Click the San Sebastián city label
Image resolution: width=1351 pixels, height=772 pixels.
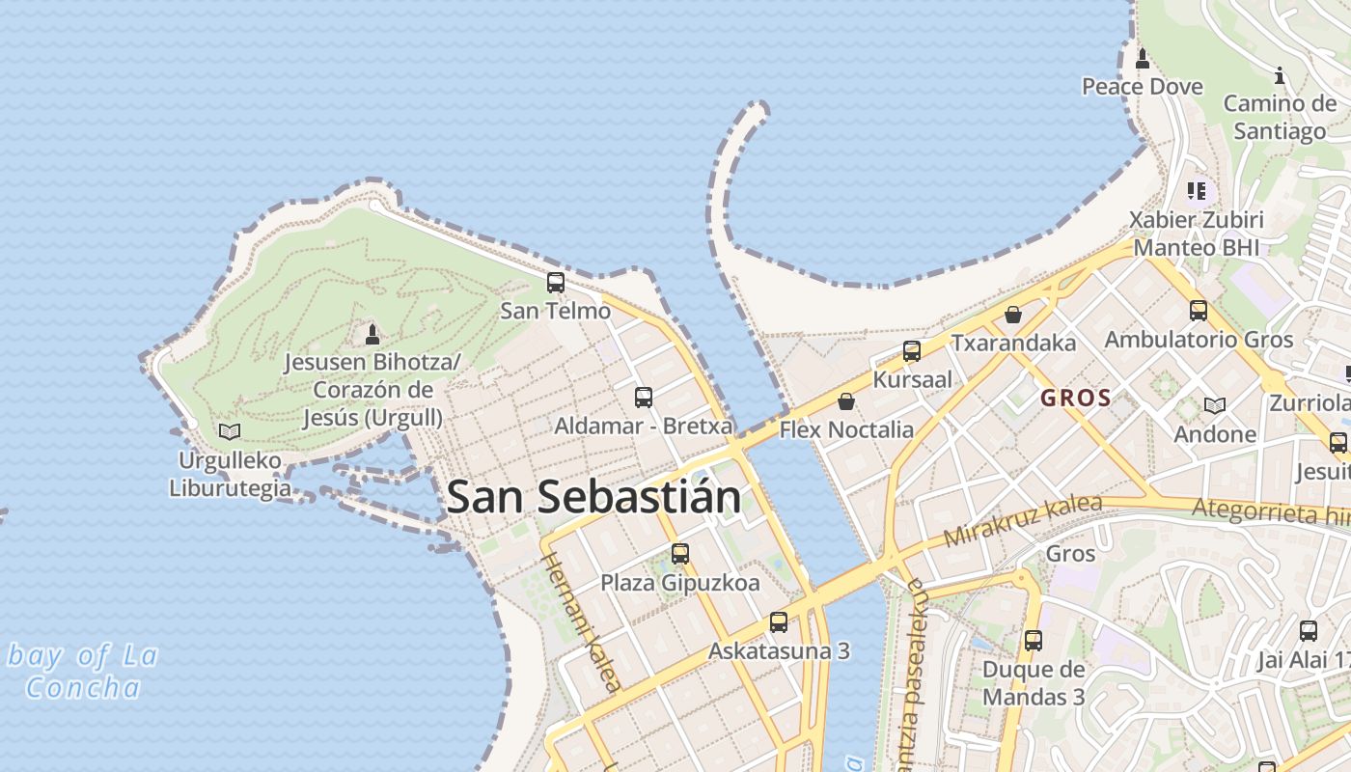[593, 497]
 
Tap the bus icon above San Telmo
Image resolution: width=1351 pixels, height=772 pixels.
[556, 283]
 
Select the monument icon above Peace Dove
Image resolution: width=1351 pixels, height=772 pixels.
[1143, 59]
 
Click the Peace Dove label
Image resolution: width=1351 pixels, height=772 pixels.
[1142, 87]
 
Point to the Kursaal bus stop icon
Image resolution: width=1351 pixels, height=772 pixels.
[912, 351]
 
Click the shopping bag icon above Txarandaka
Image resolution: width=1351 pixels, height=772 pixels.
[1013, 315]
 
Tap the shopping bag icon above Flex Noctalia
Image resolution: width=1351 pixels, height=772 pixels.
[846, 401]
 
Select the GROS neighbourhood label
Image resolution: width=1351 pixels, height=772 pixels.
[1076, 398]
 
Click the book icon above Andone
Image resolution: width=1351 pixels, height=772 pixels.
[1215, 406]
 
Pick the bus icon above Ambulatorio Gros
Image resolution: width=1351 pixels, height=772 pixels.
[1199, 311]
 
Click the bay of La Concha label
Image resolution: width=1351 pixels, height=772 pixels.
[82, 672]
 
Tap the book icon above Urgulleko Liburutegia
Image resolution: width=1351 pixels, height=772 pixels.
[230, 431]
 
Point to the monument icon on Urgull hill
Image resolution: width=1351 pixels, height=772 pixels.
[372, 334]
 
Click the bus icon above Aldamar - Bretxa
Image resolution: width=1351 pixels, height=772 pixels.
[644, 397]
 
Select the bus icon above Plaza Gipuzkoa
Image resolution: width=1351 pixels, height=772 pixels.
[680, 554]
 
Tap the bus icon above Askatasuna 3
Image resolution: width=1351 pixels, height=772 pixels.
[779, 622]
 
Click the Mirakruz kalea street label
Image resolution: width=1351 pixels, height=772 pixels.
[1022, 521]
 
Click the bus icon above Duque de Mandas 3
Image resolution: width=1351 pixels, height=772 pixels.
[1034, 640]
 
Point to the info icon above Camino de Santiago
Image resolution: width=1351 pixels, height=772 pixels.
[1280, 75]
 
